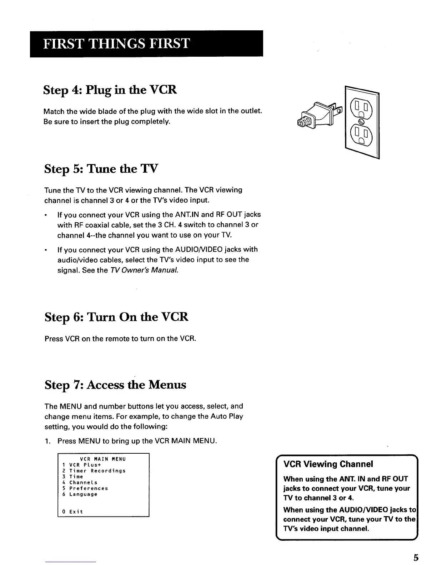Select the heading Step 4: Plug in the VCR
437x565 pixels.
110,90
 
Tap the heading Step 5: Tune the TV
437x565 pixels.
101,168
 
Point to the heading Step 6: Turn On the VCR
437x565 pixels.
116,317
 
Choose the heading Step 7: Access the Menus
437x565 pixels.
115,385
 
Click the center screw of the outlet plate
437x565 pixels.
361,122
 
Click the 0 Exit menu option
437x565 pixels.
72,511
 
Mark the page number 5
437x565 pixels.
416,557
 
